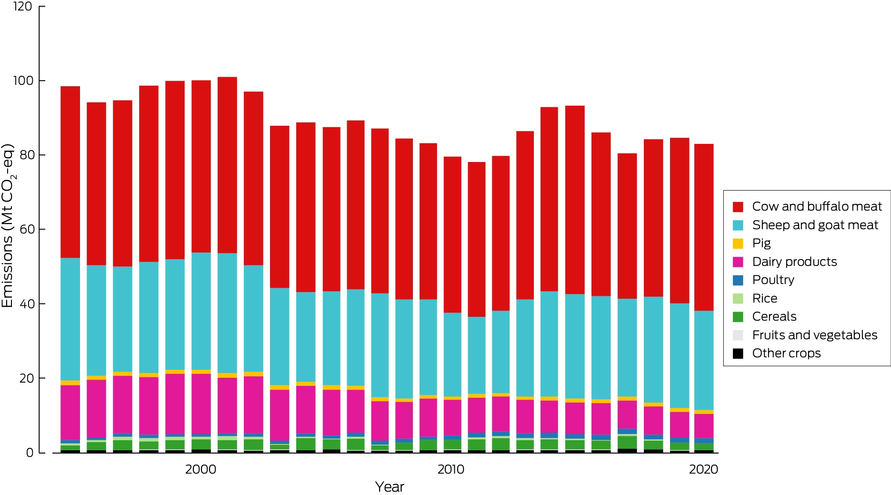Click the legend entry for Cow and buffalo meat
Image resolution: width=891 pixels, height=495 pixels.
tap(807, 206)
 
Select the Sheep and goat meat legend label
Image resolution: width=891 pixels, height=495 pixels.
tap(815, 225)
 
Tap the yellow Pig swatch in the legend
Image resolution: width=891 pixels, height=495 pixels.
tap(738, 243)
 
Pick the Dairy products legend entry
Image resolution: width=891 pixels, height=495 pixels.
tap(784, 262)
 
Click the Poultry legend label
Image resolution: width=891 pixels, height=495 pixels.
tap(773, 280)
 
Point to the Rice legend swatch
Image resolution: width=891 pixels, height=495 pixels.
tap(738, 299)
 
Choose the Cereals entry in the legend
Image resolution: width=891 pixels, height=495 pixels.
tap(764, 316)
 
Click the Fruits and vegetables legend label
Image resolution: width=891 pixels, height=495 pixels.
tap(815, 335)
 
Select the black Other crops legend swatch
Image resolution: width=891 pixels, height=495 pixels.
tap(738, 354)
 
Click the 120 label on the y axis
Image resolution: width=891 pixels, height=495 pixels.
tap(23, 6)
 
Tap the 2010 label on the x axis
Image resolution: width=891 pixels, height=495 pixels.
tap(451, 469)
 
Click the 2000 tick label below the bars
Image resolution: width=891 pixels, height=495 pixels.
tap(200, 469)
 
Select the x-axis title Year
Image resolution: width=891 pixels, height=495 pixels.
tap(389, 486)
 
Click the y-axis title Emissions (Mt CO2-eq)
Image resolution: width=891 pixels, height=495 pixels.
tap(9, 225)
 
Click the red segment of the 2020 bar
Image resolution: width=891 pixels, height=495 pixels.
tap(704, 227)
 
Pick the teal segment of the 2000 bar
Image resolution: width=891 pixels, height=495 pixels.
tap(201, 311)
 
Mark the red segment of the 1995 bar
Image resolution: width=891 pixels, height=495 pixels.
tap(70, 172)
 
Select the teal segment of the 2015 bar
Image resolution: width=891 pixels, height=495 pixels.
tap(575, 346)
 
